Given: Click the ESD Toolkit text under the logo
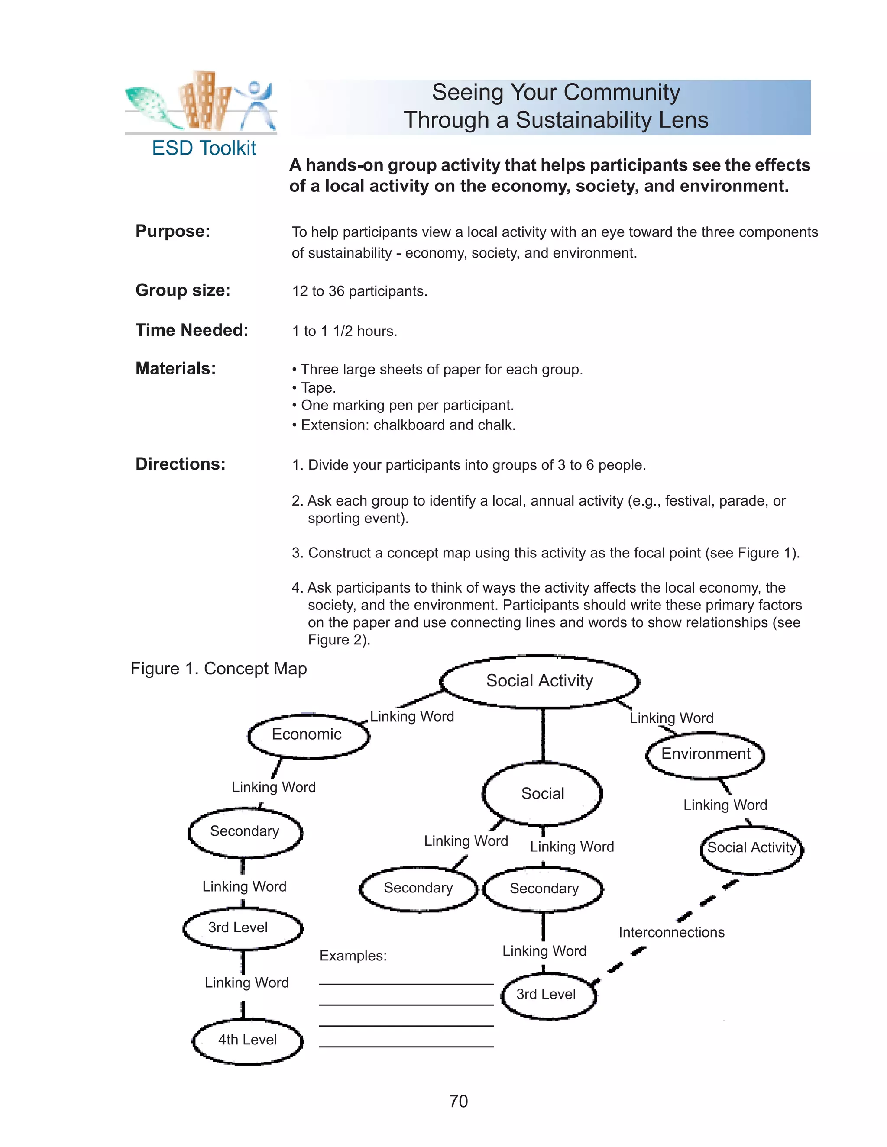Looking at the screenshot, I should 204,148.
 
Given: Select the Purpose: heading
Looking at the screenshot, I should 173,231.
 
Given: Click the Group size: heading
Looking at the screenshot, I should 183,290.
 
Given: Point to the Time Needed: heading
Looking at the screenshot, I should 192,330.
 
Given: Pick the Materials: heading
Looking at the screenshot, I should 175,368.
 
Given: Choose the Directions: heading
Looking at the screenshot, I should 180,464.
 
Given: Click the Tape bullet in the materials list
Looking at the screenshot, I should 318,387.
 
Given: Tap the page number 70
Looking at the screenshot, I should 458,1101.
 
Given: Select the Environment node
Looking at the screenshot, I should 705,754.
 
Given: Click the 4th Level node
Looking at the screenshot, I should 247,1039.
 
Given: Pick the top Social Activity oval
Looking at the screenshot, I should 539,681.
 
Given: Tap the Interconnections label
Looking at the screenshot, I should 671,932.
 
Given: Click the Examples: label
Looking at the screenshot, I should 353,955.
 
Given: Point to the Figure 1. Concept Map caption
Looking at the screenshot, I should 219,669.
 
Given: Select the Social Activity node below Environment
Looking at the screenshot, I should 751,847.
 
